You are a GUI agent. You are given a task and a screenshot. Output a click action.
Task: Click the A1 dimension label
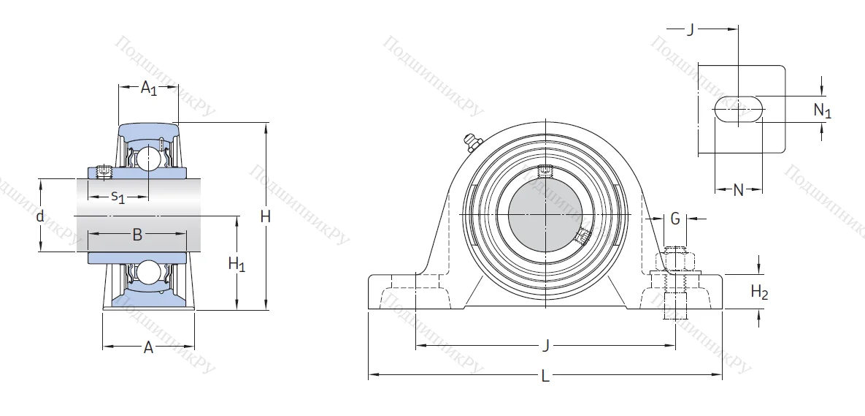pos(149,88)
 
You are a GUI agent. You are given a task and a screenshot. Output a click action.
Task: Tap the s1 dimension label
pos(118,197)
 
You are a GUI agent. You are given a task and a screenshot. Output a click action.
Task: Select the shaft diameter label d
pos(40,216)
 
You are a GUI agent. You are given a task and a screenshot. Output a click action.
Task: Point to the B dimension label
pos(137,235)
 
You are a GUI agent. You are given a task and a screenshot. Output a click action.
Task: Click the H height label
pos(266,216)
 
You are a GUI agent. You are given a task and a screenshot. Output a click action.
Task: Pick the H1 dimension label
pos(237,265)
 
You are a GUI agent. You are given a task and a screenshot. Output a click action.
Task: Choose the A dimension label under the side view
pos(148,348)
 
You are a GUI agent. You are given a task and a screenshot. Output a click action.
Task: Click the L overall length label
pos(545,377)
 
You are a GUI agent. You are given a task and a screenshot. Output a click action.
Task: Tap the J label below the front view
pos(545,345)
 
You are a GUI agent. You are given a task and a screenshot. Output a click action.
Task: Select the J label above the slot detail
pos(691,30)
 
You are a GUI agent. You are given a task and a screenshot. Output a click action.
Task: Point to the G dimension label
pos(675,218)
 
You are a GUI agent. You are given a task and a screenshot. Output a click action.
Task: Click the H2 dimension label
pos(760,292)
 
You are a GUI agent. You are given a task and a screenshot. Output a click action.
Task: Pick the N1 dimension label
pos(823,110)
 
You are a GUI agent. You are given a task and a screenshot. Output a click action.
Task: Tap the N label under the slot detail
pos(738,191)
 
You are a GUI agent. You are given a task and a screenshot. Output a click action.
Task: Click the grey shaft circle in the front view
pos(545,213)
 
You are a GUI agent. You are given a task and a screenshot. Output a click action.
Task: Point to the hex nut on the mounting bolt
pos(677,261)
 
